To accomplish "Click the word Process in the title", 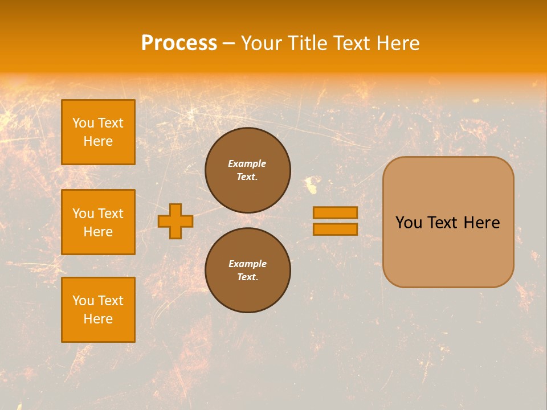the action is point(179,43).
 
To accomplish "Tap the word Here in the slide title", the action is point(397,43).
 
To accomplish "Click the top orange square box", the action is point(98,132).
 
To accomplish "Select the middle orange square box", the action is point(98,222).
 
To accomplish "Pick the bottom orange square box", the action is point(98,310).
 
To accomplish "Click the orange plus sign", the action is point(175,221).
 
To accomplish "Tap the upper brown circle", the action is point(248,170).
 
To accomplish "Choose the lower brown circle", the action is point(248,270).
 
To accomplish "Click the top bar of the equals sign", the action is point(336,212).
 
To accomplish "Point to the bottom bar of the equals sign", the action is point(336,229).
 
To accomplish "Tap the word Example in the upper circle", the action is point(247,163).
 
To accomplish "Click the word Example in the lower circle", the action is point(247,264).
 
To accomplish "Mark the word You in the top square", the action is point(83,123).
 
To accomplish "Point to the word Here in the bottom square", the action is point(98,319).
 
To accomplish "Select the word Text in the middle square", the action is point(111,214).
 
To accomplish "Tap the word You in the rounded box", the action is point(409,223).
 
